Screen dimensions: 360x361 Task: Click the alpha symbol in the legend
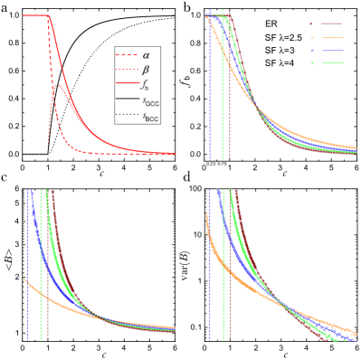point(146,56)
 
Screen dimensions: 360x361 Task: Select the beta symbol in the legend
point(146,71)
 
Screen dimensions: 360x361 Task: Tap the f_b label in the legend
point(146,86)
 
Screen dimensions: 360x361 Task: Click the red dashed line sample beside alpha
point(126,56)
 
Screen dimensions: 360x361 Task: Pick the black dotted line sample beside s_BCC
point(126,116)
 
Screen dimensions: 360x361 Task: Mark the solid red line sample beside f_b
point(126,86)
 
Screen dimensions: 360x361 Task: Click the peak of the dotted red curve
point(56,85)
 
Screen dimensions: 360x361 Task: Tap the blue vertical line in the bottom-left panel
point(27,271)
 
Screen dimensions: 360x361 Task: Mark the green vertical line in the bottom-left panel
point(42,271)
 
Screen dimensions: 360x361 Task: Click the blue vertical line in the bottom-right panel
point(210,271)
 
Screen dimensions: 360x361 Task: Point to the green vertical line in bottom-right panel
point(223,271)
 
